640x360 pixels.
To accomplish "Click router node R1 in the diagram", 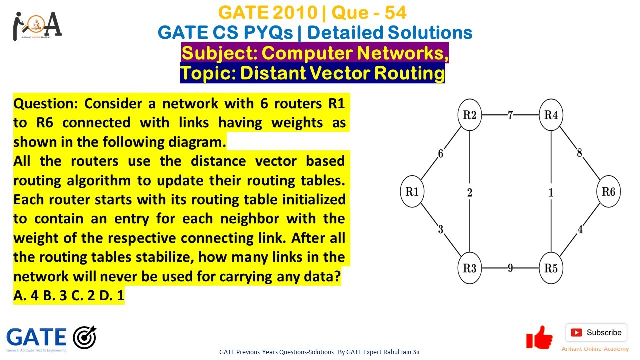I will [x=412, y=192].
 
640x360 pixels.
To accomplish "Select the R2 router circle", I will [x=470, y=115].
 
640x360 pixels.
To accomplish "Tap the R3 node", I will [x=470, y=268].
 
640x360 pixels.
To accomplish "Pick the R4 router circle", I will [x=551, y=115].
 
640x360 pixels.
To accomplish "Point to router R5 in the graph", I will [x=551, y=268].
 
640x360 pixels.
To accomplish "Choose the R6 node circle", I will [x=608, y=192].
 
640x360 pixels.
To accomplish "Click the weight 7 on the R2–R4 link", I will [x=510, y=115].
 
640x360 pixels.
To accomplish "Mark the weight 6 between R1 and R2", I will [x=440, y=154].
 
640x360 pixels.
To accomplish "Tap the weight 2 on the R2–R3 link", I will [x=470, y=192].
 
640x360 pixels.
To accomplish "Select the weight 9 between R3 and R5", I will [x=510, y=268].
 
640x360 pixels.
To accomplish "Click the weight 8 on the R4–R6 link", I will [x=580, y=153].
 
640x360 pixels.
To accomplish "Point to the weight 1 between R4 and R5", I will [x=551, y=192].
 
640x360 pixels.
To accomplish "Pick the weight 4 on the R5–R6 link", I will [x=580, y=230].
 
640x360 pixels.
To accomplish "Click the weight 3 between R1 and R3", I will [x=441, y=230].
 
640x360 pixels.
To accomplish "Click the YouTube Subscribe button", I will [x=596, y=332].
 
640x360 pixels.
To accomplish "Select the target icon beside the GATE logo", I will [x=84, y=337].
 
